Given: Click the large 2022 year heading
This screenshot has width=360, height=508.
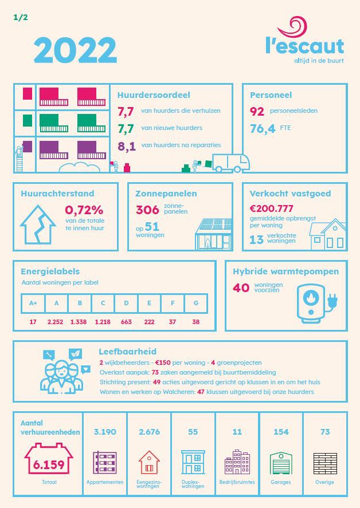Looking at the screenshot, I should pos(75,50).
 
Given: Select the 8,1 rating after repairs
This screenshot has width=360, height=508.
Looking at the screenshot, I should pos(126,145).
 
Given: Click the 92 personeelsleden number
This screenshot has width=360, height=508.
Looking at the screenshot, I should pos(257,111).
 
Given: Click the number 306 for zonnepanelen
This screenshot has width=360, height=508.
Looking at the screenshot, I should pos(147,210).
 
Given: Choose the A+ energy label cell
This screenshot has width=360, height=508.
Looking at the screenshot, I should pos(33,304).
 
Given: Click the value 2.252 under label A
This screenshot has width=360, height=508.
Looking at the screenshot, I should pos(56,322).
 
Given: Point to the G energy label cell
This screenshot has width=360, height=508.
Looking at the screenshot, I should pos(196,304).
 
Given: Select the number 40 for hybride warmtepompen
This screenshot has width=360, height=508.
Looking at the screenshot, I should pos(241,288).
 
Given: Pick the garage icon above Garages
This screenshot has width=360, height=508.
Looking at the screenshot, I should pos(281,463).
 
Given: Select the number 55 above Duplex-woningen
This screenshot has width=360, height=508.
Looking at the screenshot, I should pos(193,432).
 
